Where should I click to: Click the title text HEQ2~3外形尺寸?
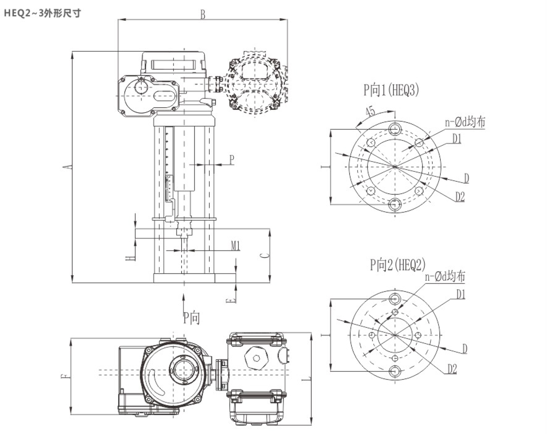tap(42, 13)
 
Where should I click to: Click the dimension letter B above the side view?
tap(203, 14)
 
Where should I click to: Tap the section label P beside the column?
tap(232, 160)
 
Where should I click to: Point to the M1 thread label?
tap(235, 246)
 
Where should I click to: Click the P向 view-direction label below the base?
tap(191, 317)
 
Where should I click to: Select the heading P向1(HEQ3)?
tap(391, 90)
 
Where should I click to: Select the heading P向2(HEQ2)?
tap(397, 265)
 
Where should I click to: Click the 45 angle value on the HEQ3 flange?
tap(370, 112)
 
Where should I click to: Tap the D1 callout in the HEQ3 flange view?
tap(457, 139)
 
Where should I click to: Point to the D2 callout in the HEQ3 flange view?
tap(460, 196)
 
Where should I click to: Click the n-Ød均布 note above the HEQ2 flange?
tap(445, 277)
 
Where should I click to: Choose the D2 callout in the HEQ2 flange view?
tap(452, 369)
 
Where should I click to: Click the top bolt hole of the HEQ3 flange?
tap(395, 129)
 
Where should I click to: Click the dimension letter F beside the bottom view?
tap(66, 376)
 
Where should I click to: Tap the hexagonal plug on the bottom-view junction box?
tap(256, 358)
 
